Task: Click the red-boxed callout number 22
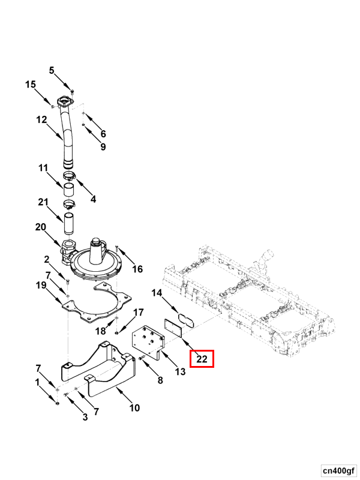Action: tap(202, 359)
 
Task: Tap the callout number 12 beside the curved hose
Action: tap(41, 119)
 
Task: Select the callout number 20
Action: tap(40, 227)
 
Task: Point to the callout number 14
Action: tap(157, 293)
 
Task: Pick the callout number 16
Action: tap(137, 269)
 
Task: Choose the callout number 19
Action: tap(41, 285)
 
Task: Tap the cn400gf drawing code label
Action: tap(338, 470)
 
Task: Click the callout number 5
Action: tap(52, 70)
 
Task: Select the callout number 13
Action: tap(181, 371)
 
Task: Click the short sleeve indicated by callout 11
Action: tap(68, 190)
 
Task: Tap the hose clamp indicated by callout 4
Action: tap(70, 176)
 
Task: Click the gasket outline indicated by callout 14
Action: tap(187, 320)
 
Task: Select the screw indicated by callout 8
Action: tap(142, 358)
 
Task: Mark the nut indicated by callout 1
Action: tap(57, 403)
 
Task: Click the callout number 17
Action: tap(139, 313)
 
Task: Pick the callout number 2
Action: tap(46, 260)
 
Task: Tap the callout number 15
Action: tap(31, 84)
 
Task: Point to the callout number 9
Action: tap(103, 147)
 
